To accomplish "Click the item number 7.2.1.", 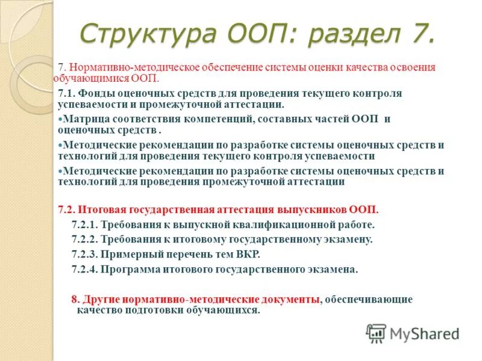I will tap(85, 225).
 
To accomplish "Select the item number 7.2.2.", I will tap(85, 239).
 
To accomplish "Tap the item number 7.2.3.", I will tap(85, 254).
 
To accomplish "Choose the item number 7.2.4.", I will tap(85, 269).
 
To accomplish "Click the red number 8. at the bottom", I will tap(75, 299).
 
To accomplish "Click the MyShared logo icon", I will tap(377, 333).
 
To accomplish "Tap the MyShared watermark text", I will tap(425, 334).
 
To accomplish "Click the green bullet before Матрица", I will tap(60, 119).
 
